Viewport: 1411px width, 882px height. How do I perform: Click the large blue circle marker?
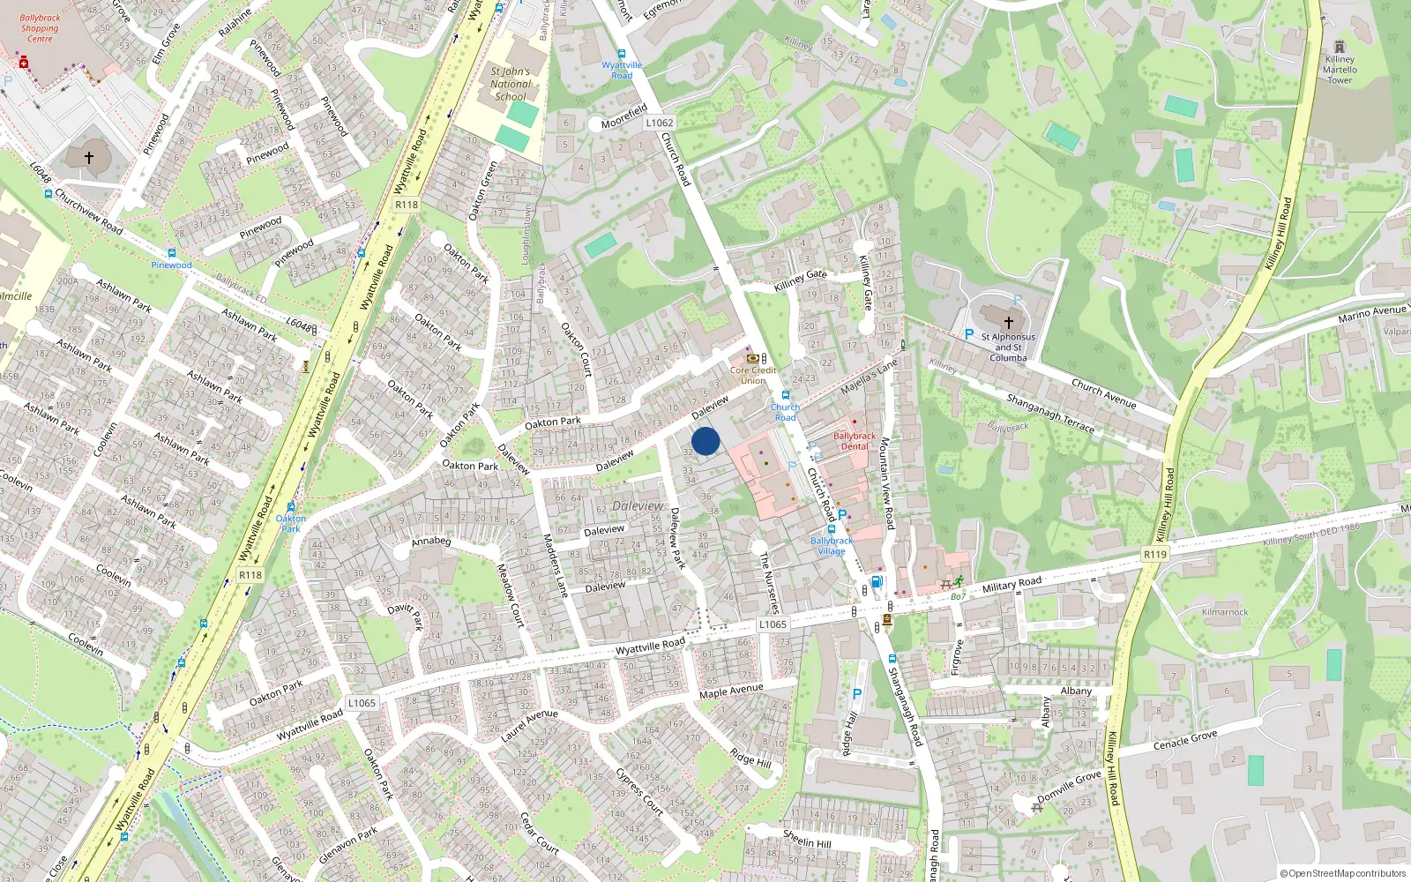705,441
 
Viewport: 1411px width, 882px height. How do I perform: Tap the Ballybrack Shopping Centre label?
40,28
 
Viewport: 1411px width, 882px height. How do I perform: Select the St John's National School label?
511,85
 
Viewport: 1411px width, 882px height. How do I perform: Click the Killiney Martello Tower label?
1340,70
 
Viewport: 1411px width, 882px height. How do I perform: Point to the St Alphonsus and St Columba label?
1008,348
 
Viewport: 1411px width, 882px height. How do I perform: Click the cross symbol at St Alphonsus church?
1008,323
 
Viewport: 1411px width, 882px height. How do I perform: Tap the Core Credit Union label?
753,376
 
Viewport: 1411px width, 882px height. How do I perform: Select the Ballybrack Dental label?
854,441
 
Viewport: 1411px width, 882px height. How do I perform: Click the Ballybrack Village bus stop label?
832,546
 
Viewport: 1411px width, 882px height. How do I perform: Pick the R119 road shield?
1154,554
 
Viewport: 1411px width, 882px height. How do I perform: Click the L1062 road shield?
659,123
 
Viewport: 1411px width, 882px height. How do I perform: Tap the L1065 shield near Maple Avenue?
773,624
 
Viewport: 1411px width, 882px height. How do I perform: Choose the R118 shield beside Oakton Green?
407,205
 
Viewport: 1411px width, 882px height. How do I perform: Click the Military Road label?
1012,584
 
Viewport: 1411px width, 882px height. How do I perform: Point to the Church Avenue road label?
1103,392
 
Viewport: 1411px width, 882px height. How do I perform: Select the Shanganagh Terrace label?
1050,413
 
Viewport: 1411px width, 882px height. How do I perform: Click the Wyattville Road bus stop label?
622,70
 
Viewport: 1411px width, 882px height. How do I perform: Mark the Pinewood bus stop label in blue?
171,265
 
